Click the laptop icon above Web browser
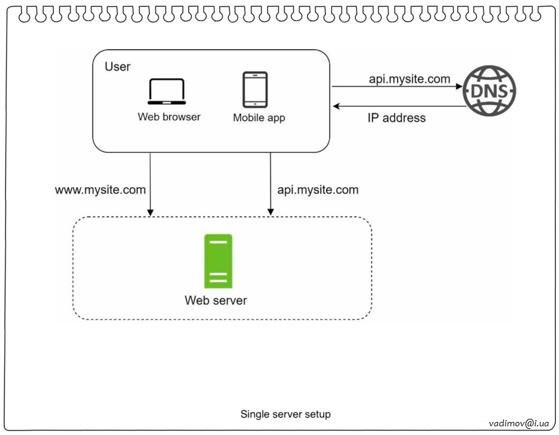click(166, 92)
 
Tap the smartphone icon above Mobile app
click(255, 89)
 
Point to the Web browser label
click(169, 117)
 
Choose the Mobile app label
click(259, 117)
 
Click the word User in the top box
click(117, 66)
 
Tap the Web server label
click(216, 301)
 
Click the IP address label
click(396, 118)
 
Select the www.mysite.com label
click(101, 190)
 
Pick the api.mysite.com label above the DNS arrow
click(409, 79)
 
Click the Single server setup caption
click(286, 414)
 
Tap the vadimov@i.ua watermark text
click(519, 423)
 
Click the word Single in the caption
click(253, 414)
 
